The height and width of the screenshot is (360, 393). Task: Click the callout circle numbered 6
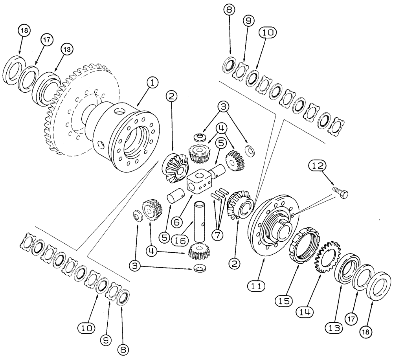[176, 222]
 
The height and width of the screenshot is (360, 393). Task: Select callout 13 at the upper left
[67, 49]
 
